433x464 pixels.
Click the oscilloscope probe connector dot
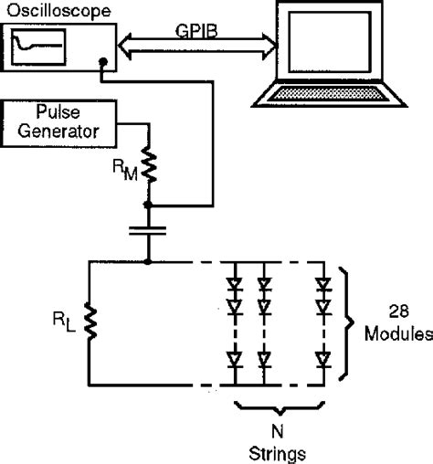[103, 64]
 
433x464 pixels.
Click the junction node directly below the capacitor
[147, 262]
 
